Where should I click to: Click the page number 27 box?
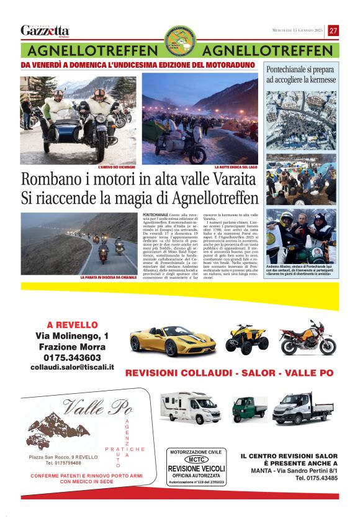tap(333, 30)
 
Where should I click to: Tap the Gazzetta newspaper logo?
tap(45, 30)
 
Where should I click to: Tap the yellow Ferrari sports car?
tap(164, 340)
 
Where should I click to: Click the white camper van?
tap(190, 407)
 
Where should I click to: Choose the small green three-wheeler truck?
tap(249, 409)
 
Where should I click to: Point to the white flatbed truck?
tap(302, 408)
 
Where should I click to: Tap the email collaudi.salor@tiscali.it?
tap(72, 367)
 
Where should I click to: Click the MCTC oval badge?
tap(196, 460)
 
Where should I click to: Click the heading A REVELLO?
tap(72, 325)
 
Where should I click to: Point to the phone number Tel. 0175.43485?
tap(316, 478)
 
